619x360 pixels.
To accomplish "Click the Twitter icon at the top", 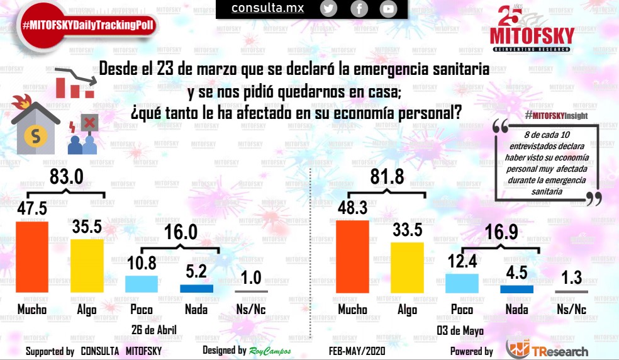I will pos(328,8).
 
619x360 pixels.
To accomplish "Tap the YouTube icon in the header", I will pos(388,8).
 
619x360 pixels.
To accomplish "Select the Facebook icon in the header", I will pos(359,8).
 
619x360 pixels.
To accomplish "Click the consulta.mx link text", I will pos(267,8).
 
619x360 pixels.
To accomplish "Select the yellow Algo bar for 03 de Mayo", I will pos(407,267).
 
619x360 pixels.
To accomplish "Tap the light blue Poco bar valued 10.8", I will pos(141,284).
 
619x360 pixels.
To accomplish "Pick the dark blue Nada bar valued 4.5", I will pos(516,289).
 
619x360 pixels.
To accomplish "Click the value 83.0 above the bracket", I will pos(67,177).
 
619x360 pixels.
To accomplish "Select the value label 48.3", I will pos(353,207).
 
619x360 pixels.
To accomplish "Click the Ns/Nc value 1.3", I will pos(572,278).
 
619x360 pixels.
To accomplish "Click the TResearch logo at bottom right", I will pos(547,349).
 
